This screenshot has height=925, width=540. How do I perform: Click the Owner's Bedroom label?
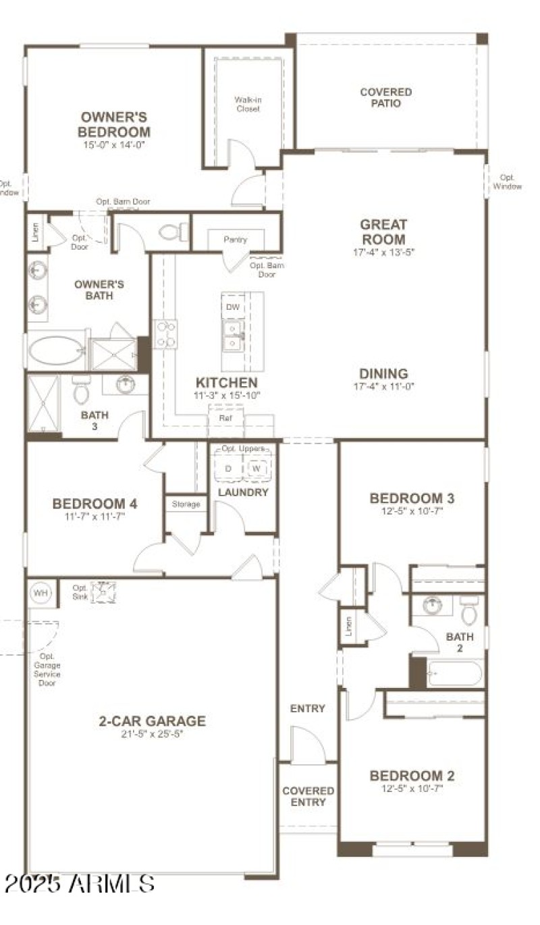pos(113,124)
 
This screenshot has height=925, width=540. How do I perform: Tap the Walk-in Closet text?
pos(248,104)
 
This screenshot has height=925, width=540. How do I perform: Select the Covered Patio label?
pos(385,97)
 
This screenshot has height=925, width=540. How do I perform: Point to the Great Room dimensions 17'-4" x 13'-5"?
pos(383,253)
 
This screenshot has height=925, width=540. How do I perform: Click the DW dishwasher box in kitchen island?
pos(232,307)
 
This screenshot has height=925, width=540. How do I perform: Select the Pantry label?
pos(236,240)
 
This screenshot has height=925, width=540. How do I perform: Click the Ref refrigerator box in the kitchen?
pos(225,418)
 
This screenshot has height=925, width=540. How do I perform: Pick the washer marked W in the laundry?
pos(256,468)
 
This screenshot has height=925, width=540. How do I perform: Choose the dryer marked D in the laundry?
pos(228,468)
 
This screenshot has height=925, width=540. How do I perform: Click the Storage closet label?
pos(186,504)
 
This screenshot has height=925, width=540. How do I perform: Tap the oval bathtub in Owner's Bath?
pos(56,350)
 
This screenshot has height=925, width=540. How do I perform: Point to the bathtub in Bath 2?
pos(454,673)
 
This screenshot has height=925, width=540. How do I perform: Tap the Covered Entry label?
pos(308,796)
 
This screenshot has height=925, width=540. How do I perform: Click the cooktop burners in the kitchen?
pos(166,334)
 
